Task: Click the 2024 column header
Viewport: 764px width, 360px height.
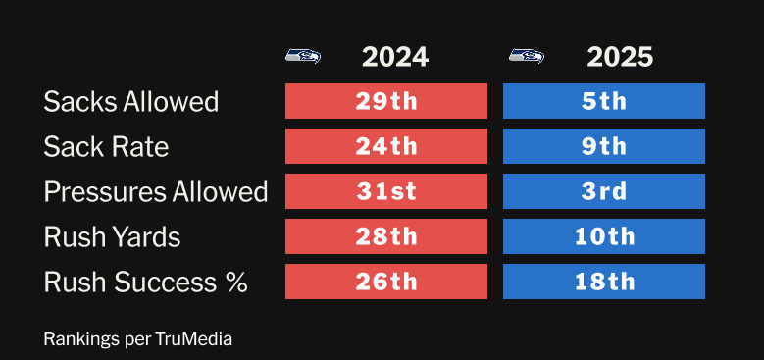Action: (x=395, y=58)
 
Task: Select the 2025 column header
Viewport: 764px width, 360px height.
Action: (x=620, y=58)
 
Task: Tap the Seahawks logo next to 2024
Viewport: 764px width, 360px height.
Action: (x=303, y=56)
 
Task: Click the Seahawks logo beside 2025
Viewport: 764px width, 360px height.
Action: (x=527, y=56)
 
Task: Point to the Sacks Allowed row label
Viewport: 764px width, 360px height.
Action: (x=131, y=101)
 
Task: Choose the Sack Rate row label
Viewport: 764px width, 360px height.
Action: (x=106, y=146)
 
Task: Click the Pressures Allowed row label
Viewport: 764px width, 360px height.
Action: (x=156, y=191)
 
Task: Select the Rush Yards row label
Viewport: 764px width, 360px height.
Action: (x=112, y=236)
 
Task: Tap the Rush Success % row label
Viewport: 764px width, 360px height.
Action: (x=146, y=283)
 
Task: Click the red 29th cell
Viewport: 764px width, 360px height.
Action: (x=386, y=101)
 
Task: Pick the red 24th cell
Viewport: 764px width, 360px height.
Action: (x=386, y=146)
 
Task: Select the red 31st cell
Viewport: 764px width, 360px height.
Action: (x=386, y=191)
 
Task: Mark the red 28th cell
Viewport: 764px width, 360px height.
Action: (x=386, y=236)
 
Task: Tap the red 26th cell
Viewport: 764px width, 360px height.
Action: (x=386, y=282)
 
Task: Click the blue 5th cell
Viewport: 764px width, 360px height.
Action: (x=604, y=101)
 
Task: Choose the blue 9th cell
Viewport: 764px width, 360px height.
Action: (x=604, y=146)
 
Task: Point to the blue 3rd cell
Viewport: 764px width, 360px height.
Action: (x=604, y=191)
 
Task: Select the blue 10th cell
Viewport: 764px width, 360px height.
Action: (x=604, y=236)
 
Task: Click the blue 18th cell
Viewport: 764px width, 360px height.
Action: (x=604, y=282)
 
